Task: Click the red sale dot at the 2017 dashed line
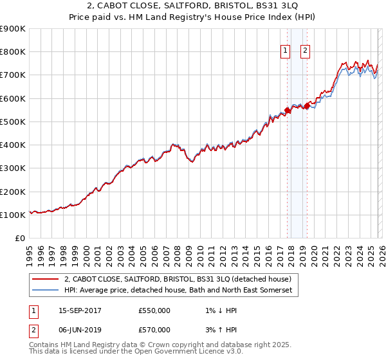(x=288, y=110)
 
